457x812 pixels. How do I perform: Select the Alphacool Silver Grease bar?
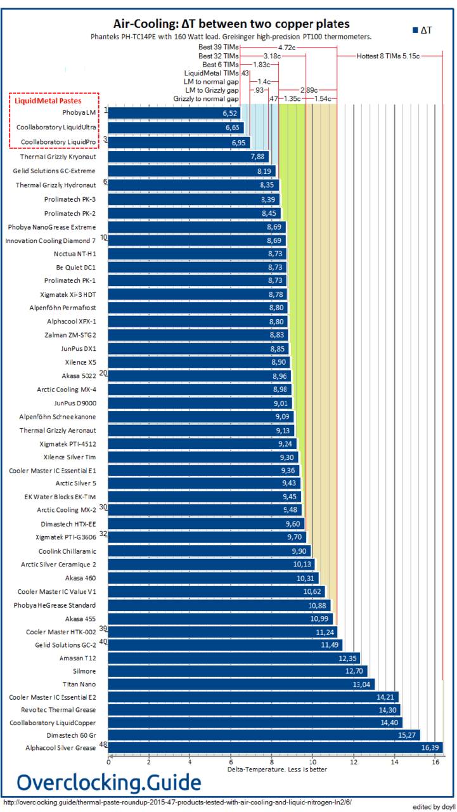click(x=276, y=748)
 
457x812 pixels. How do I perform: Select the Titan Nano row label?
click(x=79, y=684)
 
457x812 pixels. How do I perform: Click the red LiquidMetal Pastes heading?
click(x=53, y=100)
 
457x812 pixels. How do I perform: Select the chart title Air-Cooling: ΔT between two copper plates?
click(x=231, y=24)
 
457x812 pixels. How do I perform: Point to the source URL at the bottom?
click(x=177, y=802)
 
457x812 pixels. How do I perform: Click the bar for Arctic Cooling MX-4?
click(x=200, y=390)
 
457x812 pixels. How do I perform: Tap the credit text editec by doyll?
click(x=434, y=806)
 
